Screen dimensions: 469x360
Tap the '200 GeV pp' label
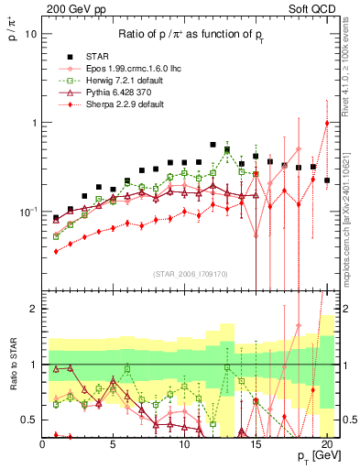pos(71,8)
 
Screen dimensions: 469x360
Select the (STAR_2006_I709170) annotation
pos(191,274)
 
